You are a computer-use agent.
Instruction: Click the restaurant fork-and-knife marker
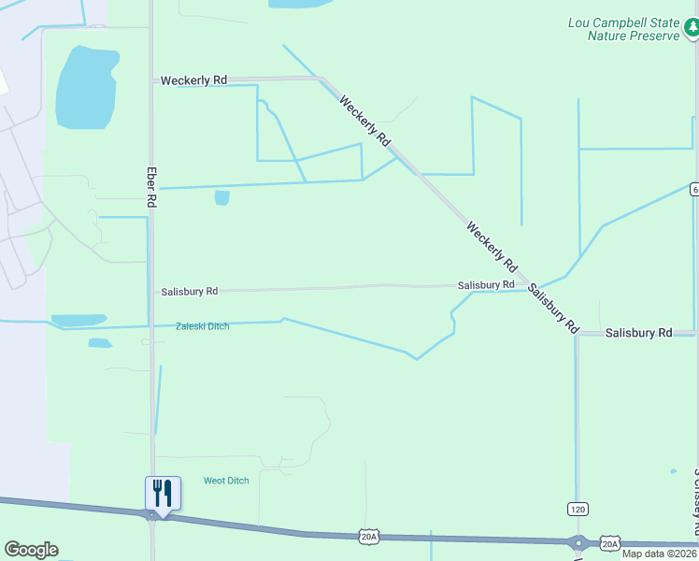point(163,493)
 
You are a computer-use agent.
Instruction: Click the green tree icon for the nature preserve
point(691,29)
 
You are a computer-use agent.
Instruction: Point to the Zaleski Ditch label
point(202,326)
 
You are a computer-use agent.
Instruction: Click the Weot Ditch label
point(226,481)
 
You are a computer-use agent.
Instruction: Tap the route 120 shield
point(578,508)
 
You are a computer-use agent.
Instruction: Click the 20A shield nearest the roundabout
point(610,543)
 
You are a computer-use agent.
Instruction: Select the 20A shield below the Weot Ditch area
point(368,536)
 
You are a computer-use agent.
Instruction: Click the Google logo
point(31,550)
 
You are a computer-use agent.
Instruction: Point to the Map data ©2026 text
point(659,554)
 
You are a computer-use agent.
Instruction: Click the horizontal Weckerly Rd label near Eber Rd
point(193,81)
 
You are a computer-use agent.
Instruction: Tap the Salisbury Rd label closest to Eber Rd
point(189,292)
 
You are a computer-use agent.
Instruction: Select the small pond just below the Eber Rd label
point(221,197)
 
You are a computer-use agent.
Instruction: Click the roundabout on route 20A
point(578,542)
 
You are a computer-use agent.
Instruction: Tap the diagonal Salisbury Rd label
point(552,309)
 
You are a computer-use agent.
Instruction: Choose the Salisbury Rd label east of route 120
point(638,333)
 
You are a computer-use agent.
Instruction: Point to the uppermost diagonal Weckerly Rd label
point(364,121)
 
